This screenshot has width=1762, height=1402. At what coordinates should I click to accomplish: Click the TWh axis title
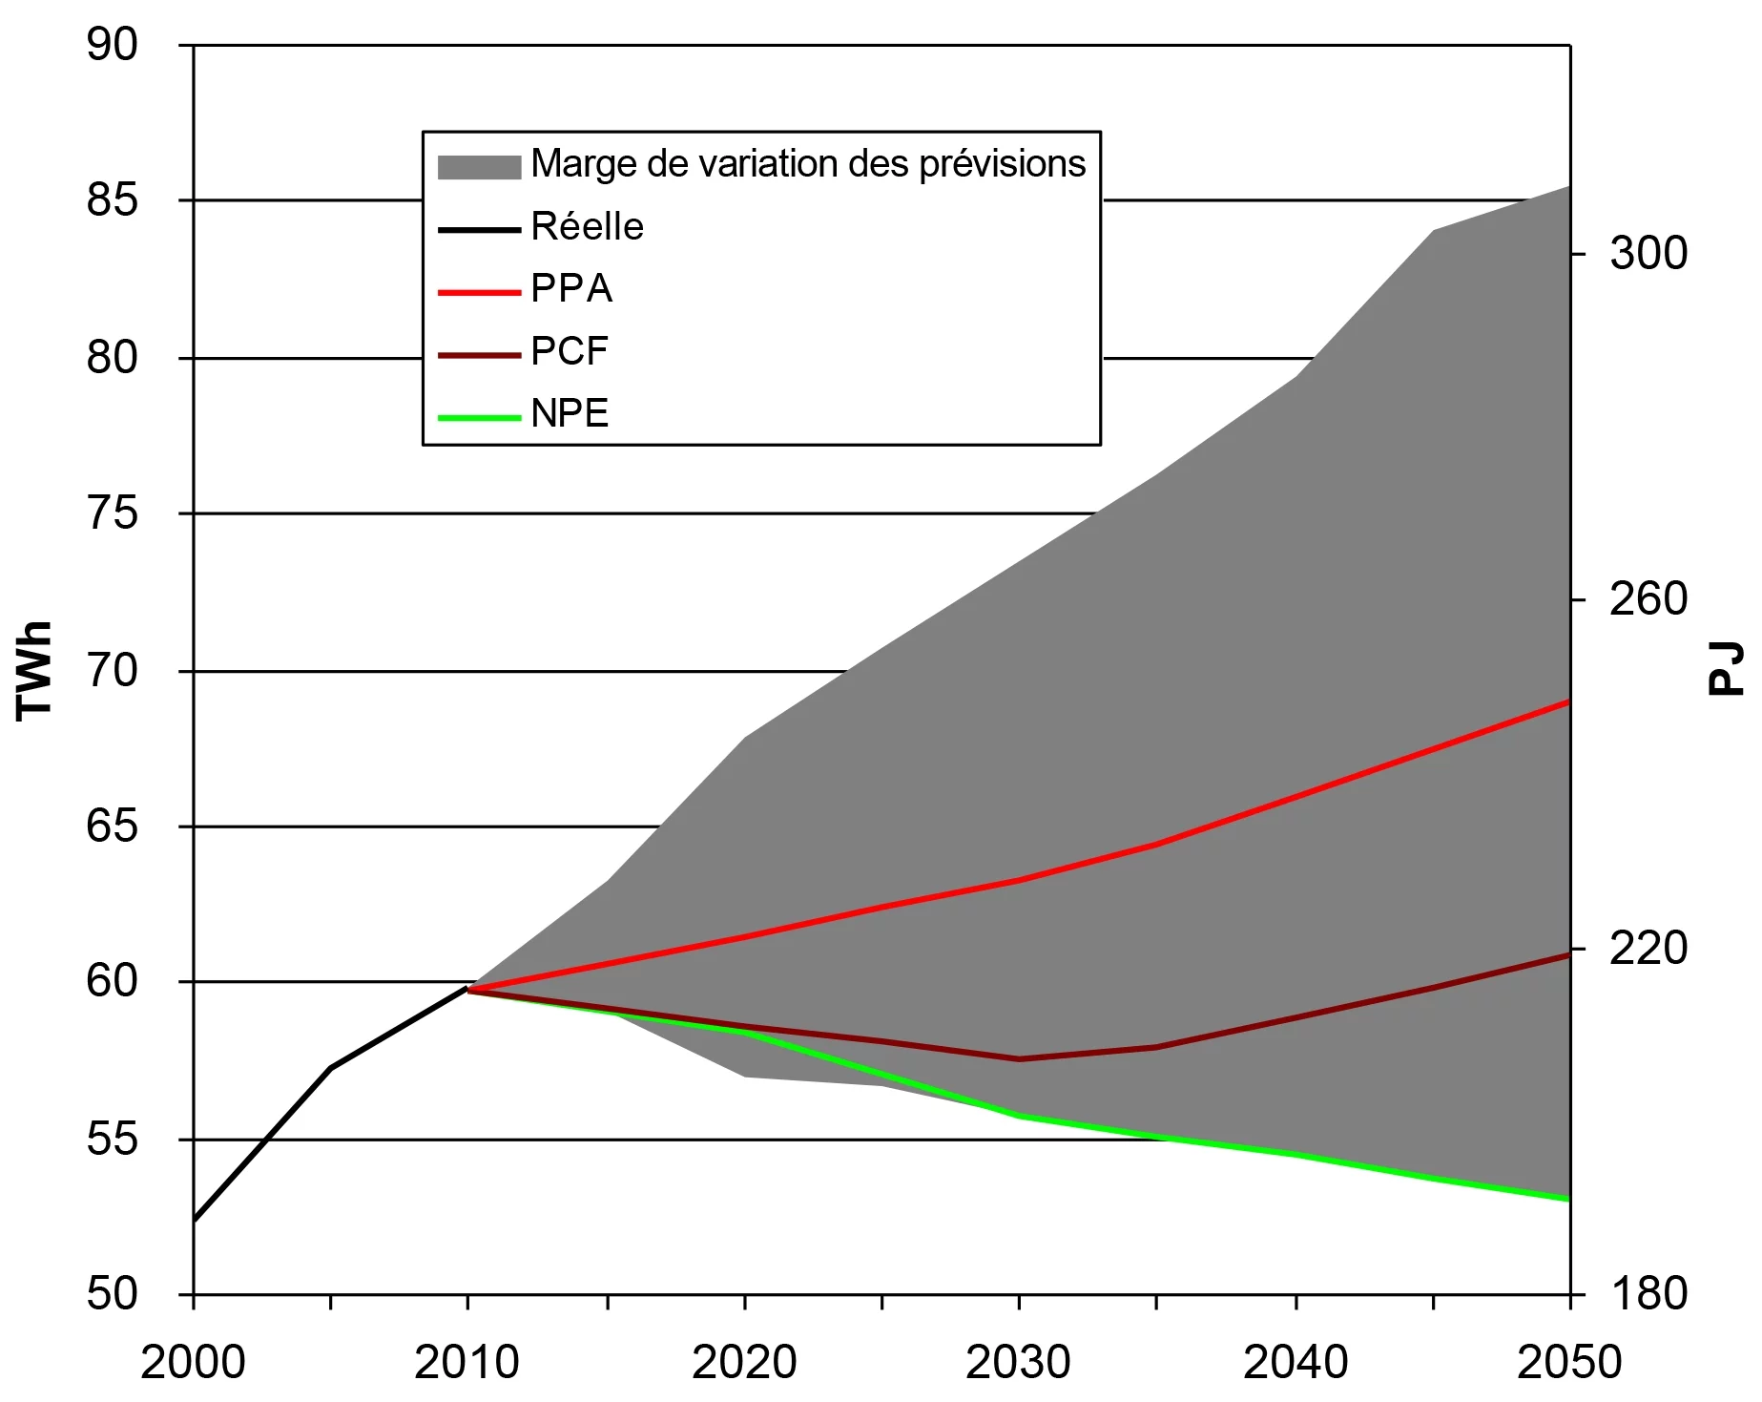tap(34, 669)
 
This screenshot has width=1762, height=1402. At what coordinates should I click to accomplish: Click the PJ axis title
tap(1725, 669)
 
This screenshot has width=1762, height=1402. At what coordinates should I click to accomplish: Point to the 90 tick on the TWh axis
tap(113, 45)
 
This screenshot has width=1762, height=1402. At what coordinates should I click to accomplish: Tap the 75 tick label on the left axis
tap(113, 513)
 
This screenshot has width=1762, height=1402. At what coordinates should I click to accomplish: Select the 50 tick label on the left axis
tap(113, 1294)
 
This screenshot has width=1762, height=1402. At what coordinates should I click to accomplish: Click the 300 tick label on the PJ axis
tap(1648, 253)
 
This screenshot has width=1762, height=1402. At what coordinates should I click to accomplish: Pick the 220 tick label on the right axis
tap(1648, 949)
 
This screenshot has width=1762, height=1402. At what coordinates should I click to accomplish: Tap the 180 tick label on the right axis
tap(1648, 1294)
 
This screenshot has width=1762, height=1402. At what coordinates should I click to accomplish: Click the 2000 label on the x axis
tap(193, 1362)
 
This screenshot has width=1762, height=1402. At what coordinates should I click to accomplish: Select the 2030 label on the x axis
tap(1018, 1362)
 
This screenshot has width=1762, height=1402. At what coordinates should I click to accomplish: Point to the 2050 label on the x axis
tap(1568, 1362)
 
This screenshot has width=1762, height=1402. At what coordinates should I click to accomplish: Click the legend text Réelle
tap(587, 227)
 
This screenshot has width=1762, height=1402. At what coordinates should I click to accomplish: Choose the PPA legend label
tap(570, 289)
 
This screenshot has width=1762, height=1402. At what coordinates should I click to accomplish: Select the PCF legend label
tap(569, 351)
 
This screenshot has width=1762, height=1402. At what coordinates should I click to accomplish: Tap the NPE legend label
tap(570, 413)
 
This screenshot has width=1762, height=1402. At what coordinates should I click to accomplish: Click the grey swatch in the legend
tap(479, 166)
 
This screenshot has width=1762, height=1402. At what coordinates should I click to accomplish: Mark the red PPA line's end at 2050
tap(1568, 701)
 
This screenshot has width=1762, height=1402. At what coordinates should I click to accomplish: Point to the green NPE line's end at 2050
tap(1568, 1199)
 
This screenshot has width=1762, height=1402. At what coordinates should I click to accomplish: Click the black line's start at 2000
tap(195, 1219)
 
